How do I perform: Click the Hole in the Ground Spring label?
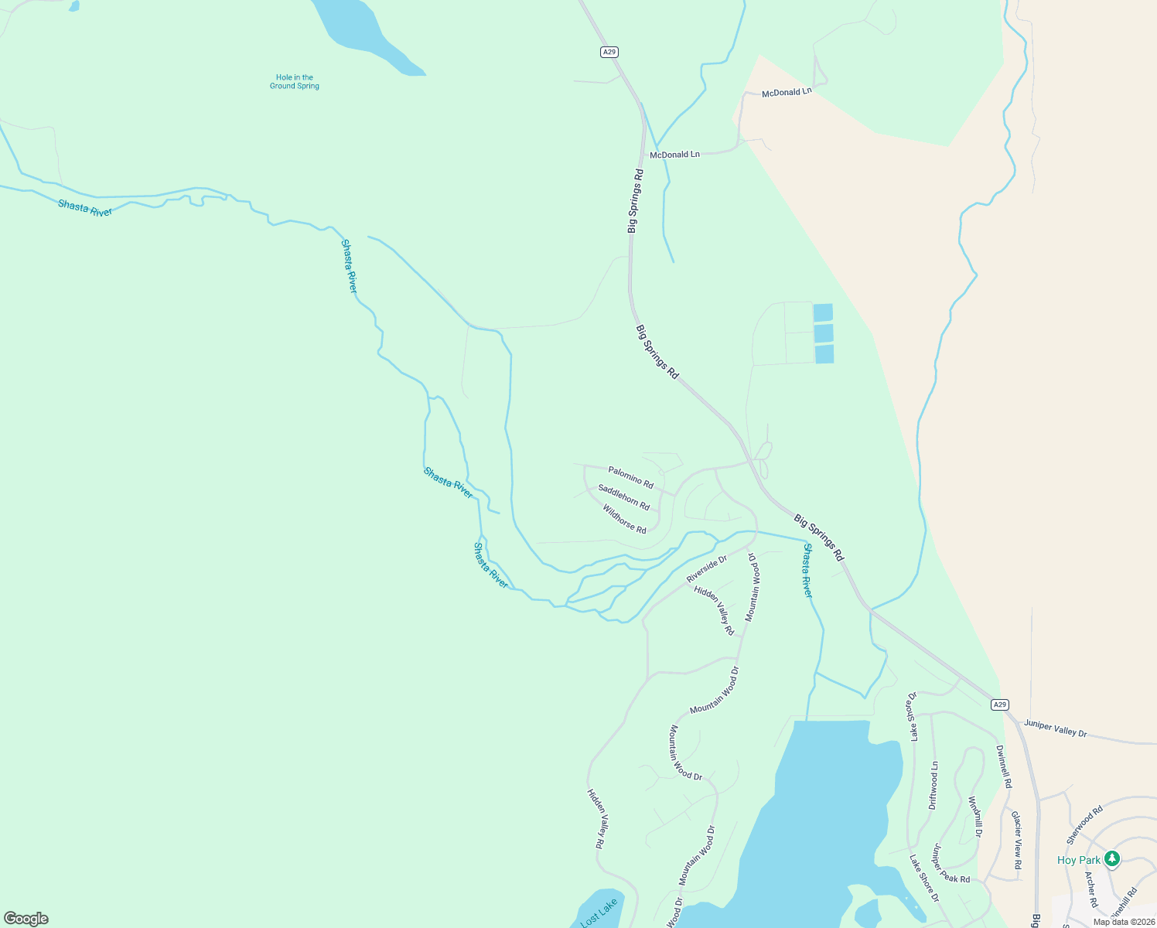tap(294, 81)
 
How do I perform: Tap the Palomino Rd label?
tap(630, 477)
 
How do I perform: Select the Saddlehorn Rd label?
tap(623, 496)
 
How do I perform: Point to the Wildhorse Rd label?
tap(624, 519)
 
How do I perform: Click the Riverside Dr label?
tap(707, 568)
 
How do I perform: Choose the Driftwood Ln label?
tap(933, 786)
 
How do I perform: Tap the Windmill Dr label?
tap(975, 817)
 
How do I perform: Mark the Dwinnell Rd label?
tap(1003, 766)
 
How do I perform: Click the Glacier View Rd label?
tap(1017, 840)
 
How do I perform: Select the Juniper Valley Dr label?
tap(1056, 728)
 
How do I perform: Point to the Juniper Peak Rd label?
tap(951, 863)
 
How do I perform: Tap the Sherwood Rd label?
tap(1084, 825)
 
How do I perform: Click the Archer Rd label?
tap(1091, 889)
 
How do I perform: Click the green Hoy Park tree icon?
tap(1112, 858)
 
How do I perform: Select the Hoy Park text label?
tap(1078, 860)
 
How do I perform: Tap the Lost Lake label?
tap(599, 913)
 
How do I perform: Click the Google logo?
tap(26, 919)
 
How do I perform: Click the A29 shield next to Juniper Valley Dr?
tap(1000, 705)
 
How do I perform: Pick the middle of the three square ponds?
tap(824, 333)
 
